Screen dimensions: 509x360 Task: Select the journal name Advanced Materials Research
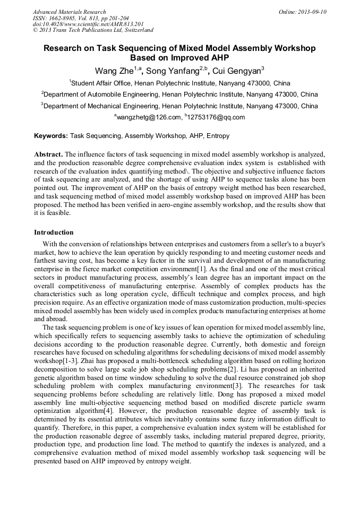click(x=70, y=12)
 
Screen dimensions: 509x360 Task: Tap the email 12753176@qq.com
click(x=216, y=117)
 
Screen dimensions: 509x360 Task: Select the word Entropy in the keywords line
click(x=218, y=136)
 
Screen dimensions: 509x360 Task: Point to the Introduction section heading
click(x=54, y=232)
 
